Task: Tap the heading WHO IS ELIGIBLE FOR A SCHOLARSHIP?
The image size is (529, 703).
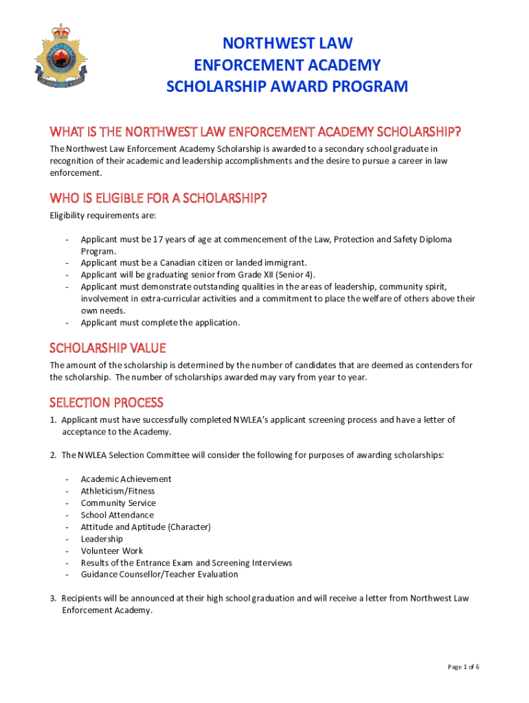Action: pos(158,198)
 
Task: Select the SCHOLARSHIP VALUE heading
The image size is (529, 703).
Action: pos(108,348)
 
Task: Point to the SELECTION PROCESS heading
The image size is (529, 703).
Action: pos(106,402)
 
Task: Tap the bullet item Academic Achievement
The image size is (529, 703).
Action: pos(126,479)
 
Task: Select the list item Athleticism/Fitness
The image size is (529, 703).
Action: pos(117,491)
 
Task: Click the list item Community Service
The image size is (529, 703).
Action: pos(118,503)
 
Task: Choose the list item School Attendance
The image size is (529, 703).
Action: pos(117,515)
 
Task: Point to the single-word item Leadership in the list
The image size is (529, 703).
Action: pos(102,539)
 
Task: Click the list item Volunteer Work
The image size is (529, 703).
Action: pos(112,551)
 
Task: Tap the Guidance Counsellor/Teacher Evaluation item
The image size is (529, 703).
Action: pos(159,575)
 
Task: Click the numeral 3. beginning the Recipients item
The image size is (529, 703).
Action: pos(53,599)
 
